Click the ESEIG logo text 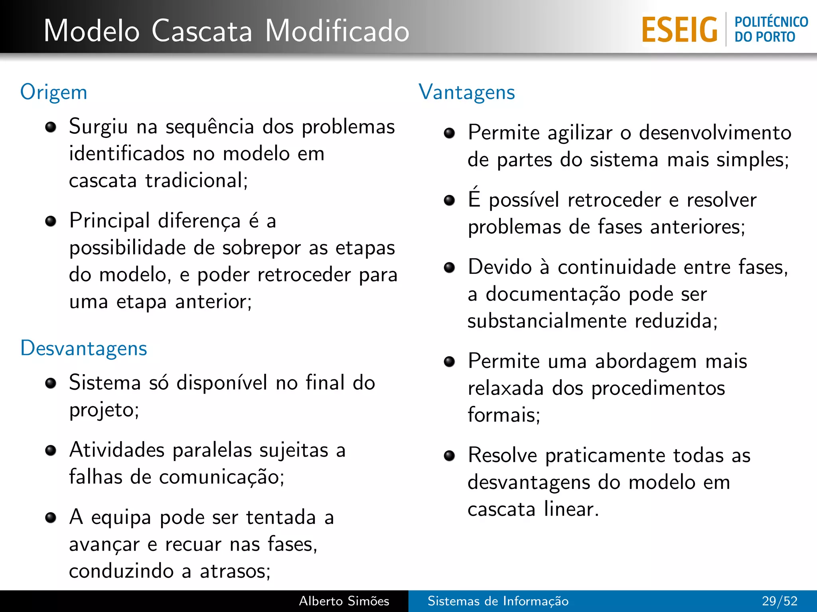pyautogui.click(x=679, y=30)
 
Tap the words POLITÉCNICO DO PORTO pyautogui.click(x=771, y=29)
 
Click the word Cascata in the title pyautogui.click(x=202, y=31)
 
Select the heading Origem pyautogui.click(x=54, y=92)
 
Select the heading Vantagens pyautogui.click(x=467, y=92)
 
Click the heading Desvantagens pyautogui.click(x=84, y=348)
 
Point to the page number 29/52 pyautogui.click(x=780, y=601)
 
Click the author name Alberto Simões pyautogui.click(x=344, y=601)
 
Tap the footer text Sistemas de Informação pyautogui.click(x=498, y=601)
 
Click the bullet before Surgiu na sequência pyautogui.click(x=51, y=127)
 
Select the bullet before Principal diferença pyautogui.click(x=51, y=221)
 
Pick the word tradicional pyautogui.click(x=196, y=180)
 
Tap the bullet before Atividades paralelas pyautogui.click(x=51, y=451)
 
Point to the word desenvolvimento pyautogui.click(x=715, y=133)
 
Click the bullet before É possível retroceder pyautogui.click(x=450, y=200)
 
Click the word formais pyautogui.click(x=503, y=415)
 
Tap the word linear pyautogui.click(x=571, y=509)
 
